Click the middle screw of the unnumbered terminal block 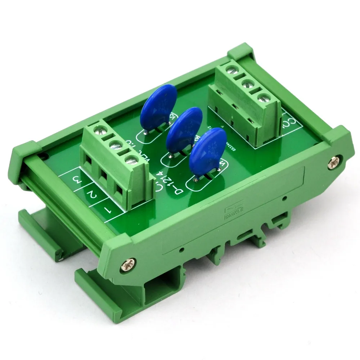[247, 85]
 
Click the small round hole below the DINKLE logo [285, 198]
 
